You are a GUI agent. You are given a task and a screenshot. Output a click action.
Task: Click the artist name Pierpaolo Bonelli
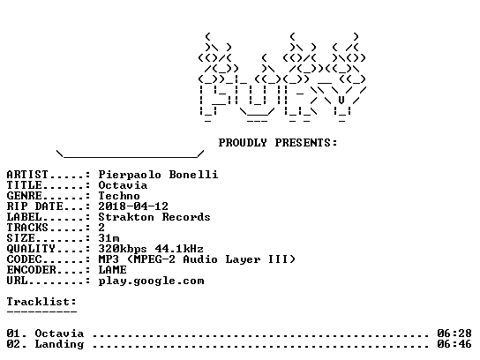[x=158, y=175]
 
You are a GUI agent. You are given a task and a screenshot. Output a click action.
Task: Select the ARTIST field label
[x=27, y=175]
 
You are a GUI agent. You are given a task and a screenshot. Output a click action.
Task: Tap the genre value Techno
[x=119, y=196]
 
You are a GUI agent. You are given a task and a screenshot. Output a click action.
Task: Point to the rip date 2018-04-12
[x=133, y=206]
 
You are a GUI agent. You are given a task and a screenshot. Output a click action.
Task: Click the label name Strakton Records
[x=154, y=217]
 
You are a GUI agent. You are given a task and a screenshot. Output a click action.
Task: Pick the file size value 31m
[x=109, y=238]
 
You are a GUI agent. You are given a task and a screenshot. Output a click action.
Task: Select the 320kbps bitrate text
[x=123, y=249]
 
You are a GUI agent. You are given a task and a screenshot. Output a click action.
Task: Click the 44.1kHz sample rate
[x=179, y=249]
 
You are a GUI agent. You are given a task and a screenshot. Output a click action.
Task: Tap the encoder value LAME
[x=112, y=270]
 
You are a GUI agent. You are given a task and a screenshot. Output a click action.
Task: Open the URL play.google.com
[x=151, y=281]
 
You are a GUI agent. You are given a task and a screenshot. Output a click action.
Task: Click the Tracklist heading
[x=41, y=302]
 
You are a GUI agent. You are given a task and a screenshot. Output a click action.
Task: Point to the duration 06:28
[x=454, y=333]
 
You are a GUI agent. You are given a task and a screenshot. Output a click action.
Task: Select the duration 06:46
[x=454, y=344]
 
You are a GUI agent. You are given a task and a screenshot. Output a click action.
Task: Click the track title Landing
[x=59, y=344]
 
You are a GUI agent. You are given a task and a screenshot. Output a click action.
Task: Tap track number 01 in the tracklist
[x=14, y=333]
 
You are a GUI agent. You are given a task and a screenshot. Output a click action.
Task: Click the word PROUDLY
[x=243, y=143]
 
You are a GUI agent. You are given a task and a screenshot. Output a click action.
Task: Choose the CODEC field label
[x=24, y=259]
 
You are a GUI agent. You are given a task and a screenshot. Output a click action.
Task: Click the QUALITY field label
[x=31, y=249]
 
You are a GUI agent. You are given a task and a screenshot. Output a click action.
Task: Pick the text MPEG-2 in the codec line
[x=154, y=259]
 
